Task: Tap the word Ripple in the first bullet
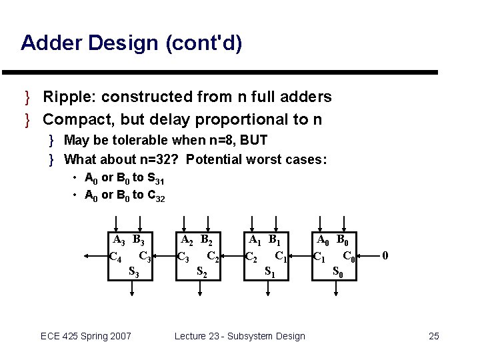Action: [x=65, y=97]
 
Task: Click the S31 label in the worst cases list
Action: [x=155, y=179]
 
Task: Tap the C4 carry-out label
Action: [x=115, y=257]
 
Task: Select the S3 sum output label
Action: [x=133, y=271]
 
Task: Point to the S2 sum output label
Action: [x=201, y=271]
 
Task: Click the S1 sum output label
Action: [x=269, y=271]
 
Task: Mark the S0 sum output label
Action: [x=338, y=271]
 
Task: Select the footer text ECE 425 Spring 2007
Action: [x=86, y=336]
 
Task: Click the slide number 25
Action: [x=433, y=336]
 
